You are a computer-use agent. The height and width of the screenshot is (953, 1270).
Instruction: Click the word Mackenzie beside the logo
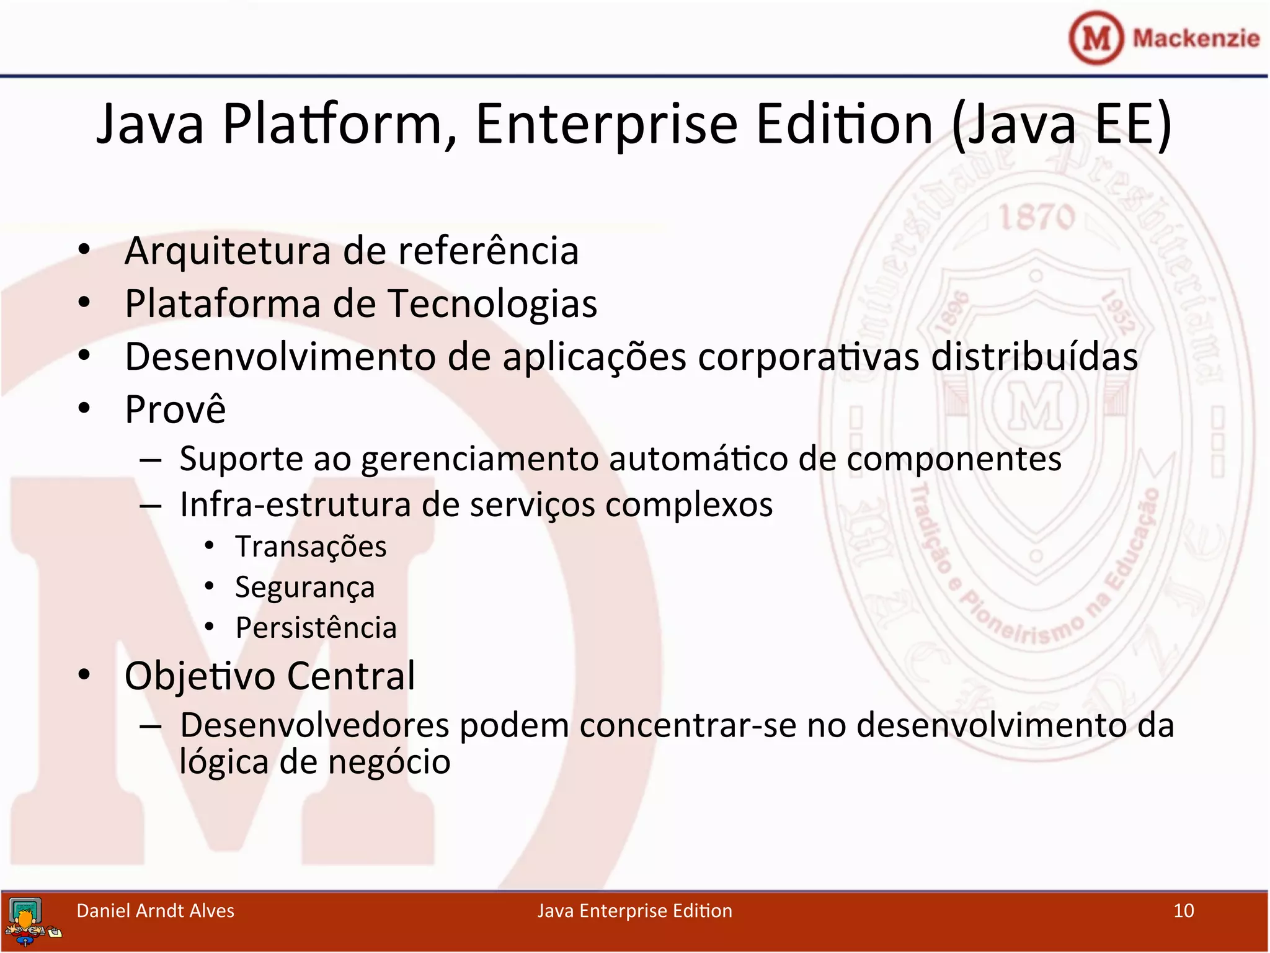(1196, 38)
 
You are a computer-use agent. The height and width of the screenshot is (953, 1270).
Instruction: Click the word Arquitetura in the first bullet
(228, 251)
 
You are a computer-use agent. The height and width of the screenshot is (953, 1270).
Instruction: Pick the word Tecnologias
(492, 304)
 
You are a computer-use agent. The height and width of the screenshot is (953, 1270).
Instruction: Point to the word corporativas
(808, 357)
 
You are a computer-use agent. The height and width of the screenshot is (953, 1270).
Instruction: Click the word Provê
(175, 409)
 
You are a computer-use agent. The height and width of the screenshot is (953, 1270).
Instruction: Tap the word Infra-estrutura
(295, 504)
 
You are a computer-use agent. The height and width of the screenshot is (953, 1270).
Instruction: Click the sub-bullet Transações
(311, 547)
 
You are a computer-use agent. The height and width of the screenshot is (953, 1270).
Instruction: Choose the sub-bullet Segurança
(304, 588)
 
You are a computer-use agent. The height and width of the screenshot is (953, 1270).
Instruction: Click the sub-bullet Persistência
(316, 628)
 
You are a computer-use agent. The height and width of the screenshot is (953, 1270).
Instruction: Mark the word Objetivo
(200, 676)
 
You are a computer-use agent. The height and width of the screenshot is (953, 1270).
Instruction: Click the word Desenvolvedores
(314, 725)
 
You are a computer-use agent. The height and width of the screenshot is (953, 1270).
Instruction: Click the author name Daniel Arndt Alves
(155, 911)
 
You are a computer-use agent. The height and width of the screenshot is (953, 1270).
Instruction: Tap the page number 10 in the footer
(1183, 911)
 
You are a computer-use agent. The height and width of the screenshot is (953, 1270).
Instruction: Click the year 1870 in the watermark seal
(1036, 218)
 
